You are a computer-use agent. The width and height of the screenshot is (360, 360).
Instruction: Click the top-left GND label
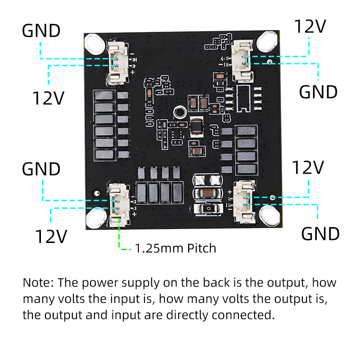click(41, 31)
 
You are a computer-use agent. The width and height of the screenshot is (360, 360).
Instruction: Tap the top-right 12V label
click(310, 27)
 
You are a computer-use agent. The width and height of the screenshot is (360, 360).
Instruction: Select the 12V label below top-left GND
click(49, 98)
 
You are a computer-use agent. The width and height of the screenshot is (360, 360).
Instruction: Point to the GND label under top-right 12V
click(318, 92)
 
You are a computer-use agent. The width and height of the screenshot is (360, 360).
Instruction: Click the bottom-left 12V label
click(51, 236)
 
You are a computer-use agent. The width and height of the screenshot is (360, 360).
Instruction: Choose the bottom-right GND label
click(320, 234)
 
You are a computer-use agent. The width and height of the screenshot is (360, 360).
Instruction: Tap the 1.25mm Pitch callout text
click(175, 248)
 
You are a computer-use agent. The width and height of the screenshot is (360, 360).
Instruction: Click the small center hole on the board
click(179, 112)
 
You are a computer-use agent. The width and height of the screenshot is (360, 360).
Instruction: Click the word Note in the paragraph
click(38, 283)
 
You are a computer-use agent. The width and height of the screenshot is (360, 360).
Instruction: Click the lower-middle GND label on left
click(41, 169)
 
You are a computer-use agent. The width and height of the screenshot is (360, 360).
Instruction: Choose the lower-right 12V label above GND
click(308, 168)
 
